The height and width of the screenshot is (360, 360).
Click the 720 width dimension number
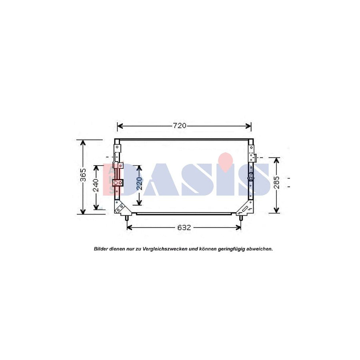180,126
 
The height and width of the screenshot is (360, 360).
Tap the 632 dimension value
184,228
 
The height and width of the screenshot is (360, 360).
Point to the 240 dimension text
96,186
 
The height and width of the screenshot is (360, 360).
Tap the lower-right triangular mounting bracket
246,208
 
